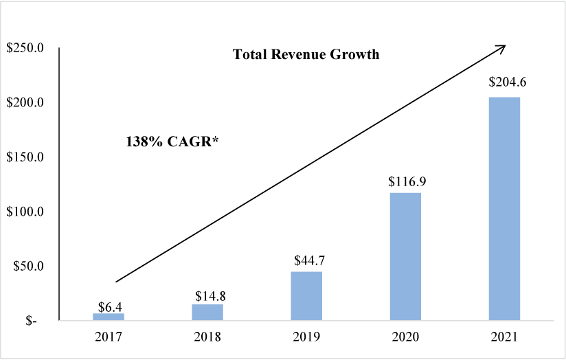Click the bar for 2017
click(109, 317)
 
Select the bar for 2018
click(207, 312)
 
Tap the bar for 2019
click(306, 296)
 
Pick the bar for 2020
click(405, 256)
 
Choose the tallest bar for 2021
click(504, 208)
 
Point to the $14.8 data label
click(207, 296)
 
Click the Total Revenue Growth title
click(306, 55)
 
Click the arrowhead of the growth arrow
click(501, 48)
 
